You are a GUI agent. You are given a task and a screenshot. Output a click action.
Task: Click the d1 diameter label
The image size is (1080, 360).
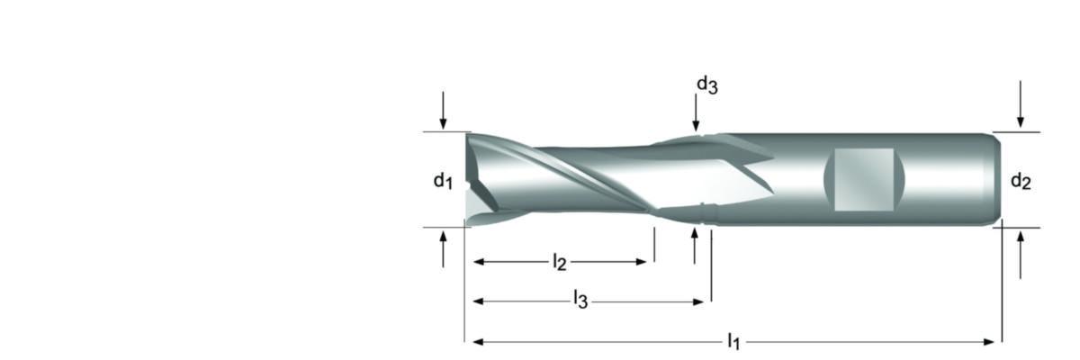click(x=443, y=181)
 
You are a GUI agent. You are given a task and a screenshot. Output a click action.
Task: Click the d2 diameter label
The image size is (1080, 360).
click(x=1021, y=181)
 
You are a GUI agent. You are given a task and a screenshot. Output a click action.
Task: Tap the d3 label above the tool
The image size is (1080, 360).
click(x=706, y=85)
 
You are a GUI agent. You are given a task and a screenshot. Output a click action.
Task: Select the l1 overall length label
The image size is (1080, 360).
click(x=733, y=341)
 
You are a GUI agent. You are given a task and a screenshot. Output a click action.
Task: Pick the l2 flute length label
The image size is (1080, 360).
click(x=559, y=262)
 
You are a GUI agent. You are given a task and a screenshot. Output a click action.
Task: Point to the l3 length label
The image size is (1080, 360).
click(x=580, y=300)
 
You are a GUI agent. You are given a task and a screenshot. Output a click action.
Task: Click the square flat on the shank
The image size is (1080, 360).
click(x=864, y=179)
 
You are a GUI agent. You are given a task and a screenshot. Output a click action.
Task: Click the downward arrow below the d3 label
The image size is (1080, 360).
click(x=696, y=112)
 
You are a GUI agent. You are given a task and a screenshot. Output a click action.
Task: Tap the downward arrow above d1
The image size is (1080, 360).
click(x=443, y=110)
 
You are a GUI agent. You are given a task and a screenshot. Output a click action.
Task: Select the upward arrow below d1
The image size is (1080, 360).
click(x=443, y=249)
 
